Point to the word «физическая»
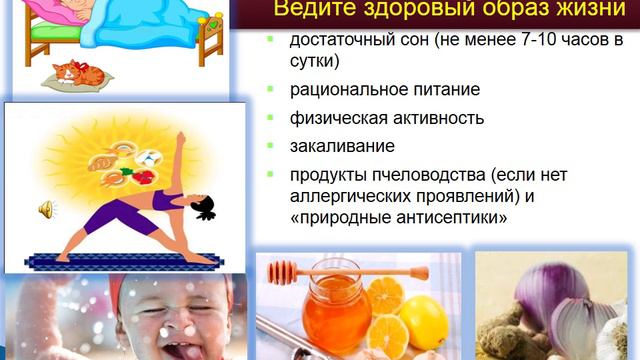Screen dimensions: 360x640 click(x=339, y=118)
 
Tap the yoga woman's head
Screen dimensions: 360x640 click(x=203, y=207)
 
